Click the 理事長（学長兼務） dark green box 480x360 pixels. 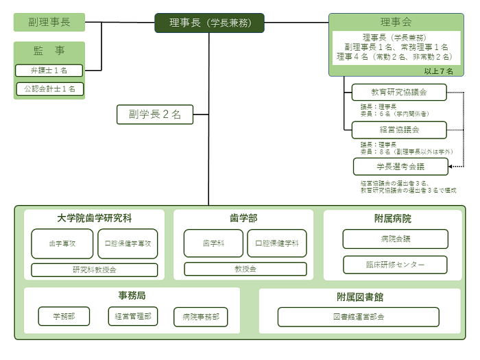pos(209,23)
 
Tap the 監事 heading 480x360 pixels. pos(49,50)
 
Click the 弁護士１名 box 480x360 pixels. pos(49,71)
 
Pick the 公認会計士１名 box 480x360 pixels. pos(49,88)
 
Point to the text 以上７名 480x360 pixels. pos(437,71)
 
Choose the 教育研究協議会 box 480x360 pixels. pos(399,92)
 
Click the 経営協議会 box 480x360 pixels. pos(399,130)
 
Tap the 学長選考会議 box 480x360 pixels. pos(400,166)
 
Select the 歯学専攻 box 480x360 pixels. pos(62,243)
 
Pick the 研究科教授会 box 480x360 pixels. pos(95,269)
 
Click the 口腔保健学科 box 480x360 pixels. pos(273,243)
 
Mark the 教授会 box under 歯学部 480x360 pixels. pos(243,269)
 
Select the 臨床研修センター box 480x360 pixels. pos(395,265)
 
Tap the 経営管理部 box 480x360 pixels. pos(133,316)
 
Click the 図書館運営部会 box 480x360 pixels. pos(358,317)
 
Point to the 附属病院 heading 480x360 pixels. pos(393,219)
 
